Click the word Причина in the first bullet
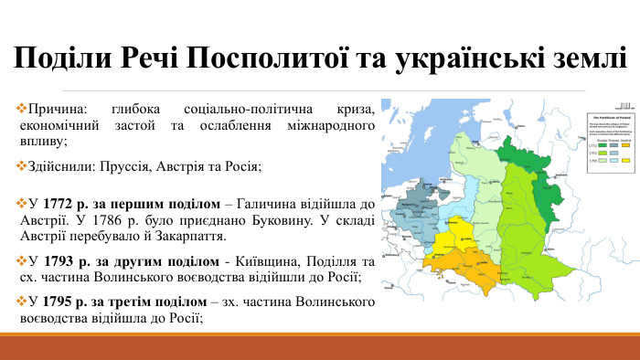pyautogui.click(x=58, y=109)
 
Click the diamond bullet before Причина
pyautogui.click(x=23, y=109)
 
